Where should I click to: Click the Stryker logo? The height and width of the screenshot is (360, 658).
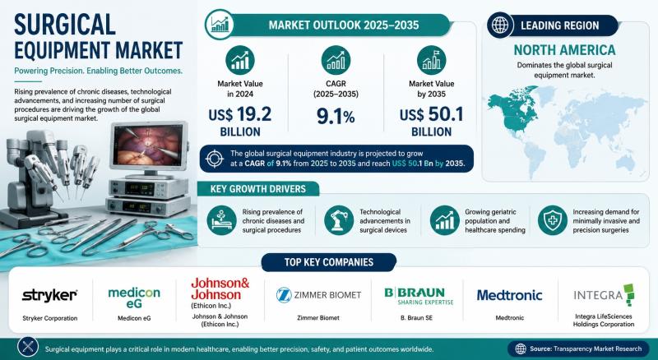point(49,295)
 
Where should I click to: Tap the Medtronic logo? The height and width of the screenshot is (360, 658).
point(509,295)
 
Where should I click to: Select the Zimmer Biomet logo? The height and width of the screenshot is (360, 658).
point(318,295)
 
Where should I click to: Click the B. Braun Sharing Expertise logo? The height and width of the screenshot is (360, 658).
point(419,295)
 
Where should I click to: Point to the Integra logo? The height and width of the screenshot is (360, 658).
point(604,294)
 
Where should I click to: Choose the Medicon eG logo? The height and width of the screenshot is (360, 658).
point(134,298)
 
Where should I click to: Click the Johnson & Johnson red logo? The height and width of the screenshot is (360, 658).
point(220,288)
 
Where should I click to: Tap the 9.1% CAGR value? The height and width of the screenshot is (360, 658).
point(336,117)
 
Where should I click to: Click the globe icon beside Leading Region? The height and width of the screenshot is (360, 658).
point(500,25)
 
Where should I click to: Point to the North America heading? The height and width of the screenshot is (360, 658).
point(564,50)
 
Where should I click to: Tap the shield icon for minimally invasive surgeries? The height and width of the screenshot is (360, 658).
point(552,220)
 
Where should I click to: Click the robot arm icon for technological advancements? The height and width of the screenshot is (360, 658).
point(339,220)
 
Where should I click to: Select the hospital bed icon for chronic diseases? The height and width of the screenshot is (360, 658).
point(221,220)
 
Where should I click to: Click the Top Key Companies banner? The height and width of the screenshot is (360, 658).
point(328,262)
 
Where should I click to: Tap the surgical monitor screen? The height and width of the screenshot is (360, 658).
point(149,145)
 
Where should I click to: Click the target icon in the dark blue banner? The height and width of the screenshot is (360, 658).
point(215,159)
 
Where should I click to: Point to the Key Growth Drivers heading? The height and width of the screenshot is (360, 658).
point(258,189)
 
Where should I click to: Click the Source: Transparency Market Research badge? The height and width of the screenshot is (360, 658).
point(580,348)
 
